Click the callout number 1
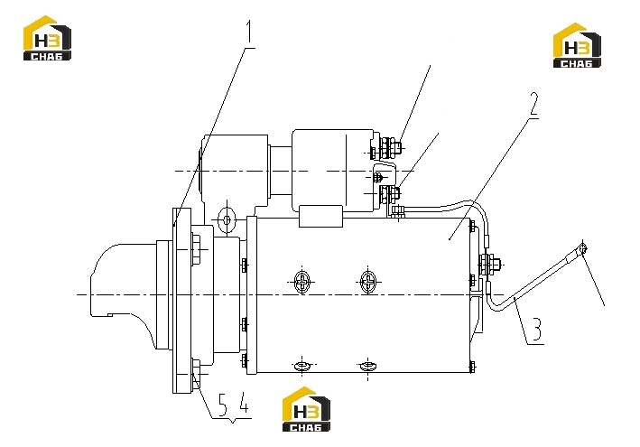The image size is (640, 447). pos(248,33)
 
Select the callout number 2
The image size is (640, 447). pos(533,106)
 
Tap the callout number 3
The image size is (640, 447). pos(537,331)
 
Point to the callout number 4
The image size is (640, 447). pos(243,403)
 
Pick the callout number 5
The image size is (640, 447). pos(222,405)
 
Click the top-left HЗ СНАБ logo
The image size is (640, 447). pos(47,38)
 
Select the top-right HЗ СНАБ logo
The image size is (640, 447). pos(577,45)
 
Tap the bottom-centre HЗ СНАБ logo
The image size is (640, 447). pos(306,409)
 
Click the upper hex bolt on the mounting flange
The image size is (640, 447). pos(196,249)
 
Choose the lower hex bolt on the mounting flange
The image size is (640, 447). pos(196,374)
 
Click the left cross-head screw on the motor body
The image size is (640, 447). pos(302,281)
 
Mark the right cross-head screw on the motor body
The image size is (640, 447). pos(368,281)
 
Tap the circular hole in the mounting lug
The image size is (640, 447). pos(227,220)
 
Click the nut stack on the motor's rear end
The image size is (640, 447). pos(489,265)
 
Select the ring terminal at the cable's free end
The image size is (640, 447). pos(583,247)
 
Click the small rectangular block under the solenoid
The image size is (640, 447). pos(320,217)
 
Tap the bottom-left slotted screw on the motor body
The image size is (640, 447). pos(302,366)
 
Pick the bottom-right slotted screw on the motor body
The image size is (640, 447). pos(368,366)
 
